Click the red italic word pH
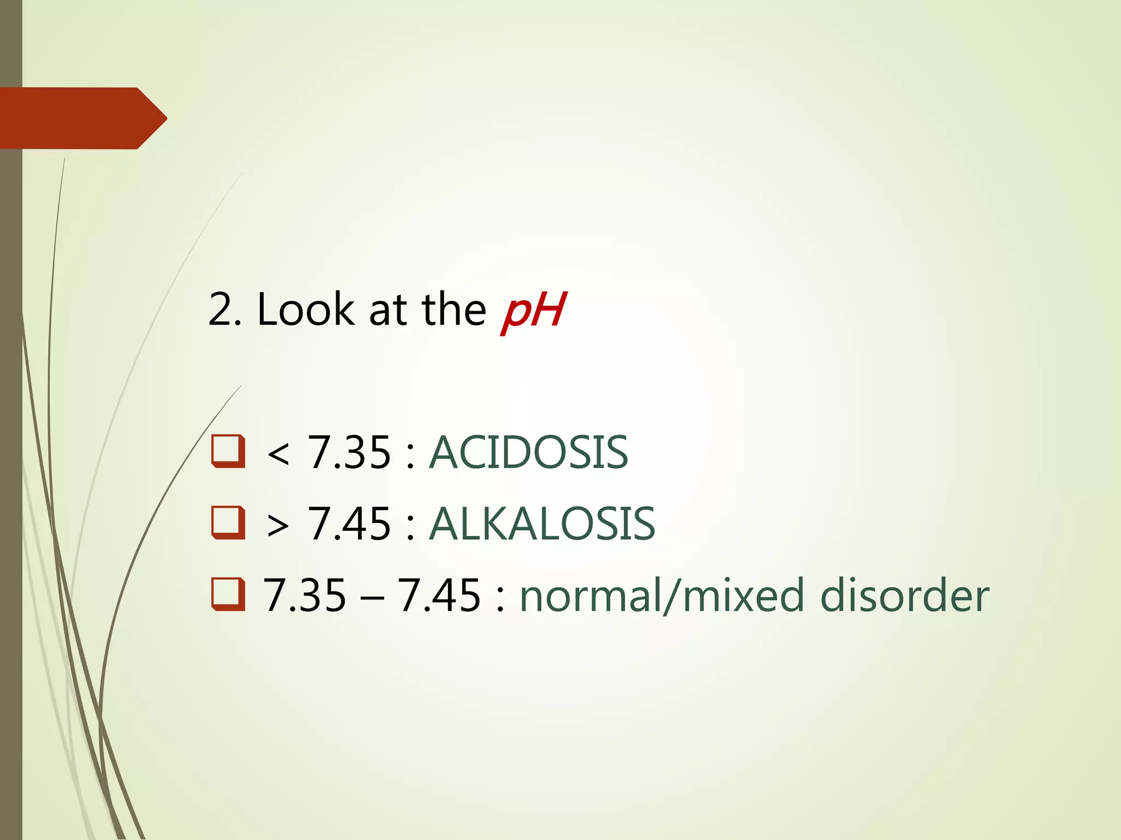[x=533, y=311]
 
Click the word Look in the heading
[x=305, y=310]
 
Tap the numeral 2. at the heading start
[x=225, y=310]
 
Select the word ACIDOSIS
[x=528, y=452]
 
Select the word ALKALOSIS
[x=542, y=524]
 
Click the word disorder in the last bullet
[x=904, y=595]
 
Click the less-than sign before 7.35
[x=278, y=454]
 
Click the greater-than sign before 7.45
[x=278, y=526]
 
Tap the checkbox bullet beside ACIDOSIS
[x=228, y=452]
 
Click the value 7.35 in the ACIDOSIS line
[x=350, y=453]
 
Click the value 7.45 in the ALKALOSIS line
[x=350, y=524]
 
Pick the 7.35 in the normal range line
[x=305, y=595]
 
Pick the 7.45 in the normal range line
[x=439, y=595]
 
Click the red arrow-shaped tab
[x=82, y=118]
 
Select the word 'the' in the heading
[x=454, y=310]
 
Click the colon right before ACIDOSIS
[x=411, y=455]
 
